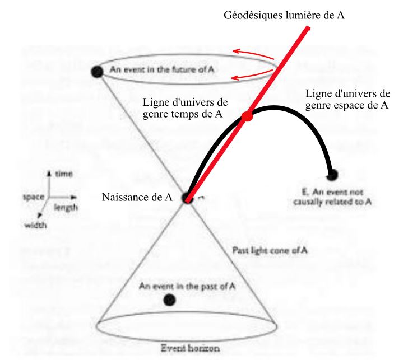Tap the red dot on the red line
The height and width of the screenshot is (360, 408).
tap(247, 117)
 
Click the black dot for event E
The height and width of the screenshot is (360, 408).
tap(332, 175)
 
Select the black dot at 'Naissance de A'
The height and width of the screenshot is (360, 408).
tap(186, 198)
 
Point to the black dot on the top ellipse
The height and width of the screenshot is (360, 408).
tap(97, 71)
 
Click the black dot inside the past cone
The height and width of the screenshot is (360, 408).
tap(169, 300)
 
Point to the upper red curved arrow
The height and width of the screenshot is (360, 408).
tap(254, 54)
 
